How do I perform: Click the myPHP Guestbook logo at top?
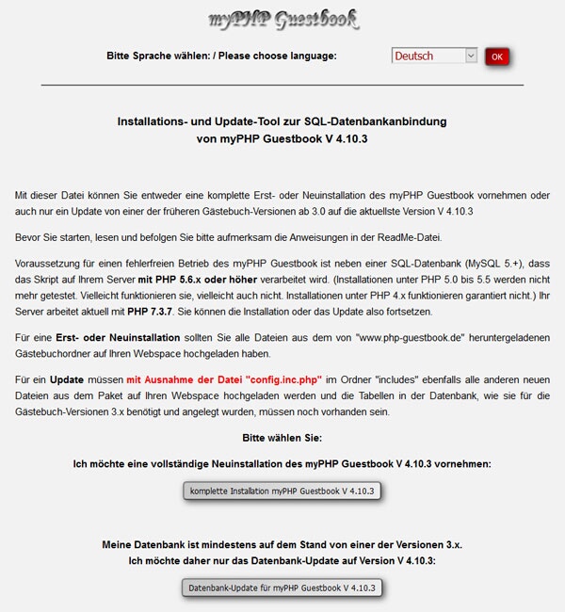283,18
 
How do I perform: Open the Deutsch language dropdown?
434,56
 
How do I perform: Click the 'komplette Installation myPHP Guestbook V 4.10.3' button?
282,491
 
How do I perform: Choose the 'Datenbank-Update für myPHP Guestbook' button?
282,588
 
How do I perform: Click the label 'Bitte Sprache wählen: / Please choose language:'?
221,56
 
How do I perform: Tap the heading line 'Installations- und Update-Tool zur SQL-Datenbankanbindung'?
282,121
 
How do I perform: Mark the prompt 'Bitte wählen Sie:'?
282,439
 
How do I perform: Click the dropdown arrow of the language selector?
471,56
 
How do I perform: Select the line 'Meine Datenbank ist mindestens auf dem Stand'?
282,545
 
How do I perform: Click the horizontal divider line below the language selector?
282,86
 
